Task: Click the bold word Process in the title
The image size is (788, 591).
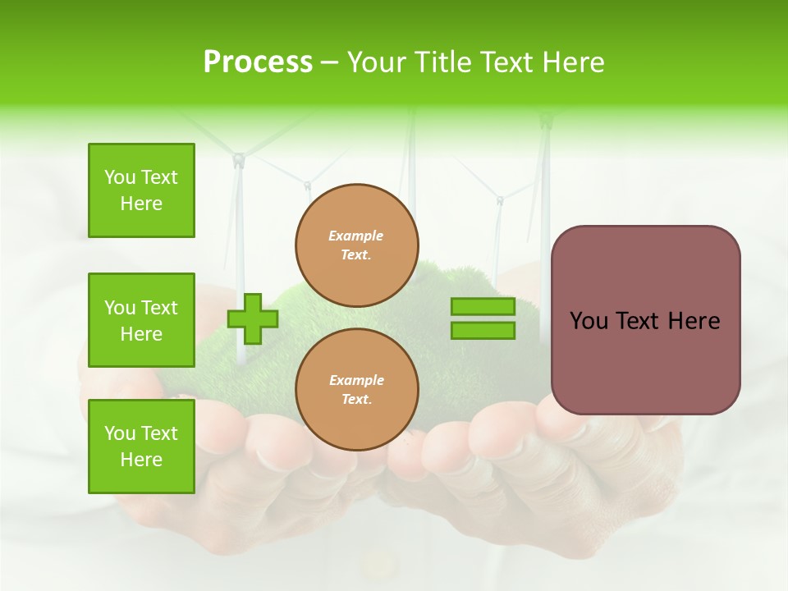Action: [258, 62]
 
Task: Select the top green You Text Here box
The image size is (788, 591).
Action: [141, 190]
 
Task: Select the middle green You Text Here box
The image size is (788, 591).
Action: [141, 320]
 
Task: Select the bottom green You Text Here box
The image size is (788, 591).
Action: [141, 446]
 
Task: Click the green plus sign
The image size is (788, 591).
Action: [253, 318]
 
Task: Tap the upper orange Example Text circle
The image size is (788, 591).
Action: [357, 245]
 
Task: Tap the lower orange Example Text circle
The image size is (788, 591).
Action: [357, 390]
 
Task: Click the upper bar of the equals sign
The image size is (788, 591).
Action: [483, 307]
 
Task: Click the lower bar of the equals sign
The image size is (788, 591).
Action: [483, 331]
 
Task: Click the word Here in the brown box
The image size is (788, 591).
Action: [694, 321]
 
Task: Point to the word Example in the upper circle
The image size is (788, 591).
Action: [356, 236]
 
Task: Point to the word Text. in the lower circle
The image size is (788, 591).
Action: [356, 400]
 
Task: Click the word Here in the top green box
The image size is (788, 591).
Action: [141, 204]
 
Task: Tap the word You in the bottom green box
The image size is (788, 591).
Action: [120, 433]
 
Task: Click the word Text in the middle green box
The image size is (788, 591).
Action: [158, 308]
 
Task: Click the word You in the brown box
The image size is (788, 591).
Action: [589, 321]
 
